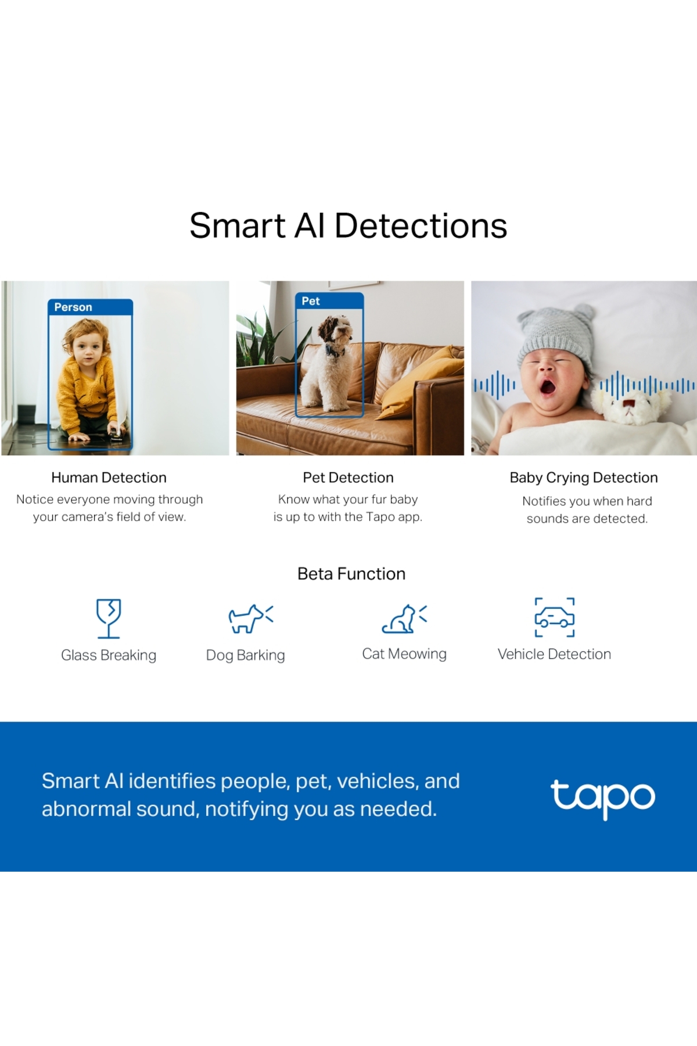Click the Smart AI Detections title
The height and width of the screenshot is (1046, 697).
point(348,225)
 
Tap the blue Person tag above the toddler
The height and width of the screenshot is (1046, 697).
point(90,307)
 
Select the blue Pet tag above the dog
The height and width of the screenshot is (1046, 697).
point(329,301)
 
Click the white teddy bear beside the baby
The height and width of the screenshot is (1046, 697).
point(630,403)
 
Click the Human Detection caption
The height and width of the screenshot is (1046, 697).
point(109,478)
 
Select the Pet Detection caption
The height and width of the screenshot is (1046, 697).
point(348,478)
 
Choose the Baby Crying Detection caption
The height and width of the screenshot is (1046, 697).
point(584,478)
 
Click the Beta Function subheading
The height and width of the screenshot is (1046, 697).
point(351,574)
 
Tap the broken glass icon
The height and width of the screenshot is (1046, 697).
point(109,618)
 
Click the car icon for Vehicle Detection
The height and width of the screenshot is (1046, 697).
point(555,617)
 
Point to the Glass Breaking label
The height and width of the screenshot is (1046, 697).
point(109,655)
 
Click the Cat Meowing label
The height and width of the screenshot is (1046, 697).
point(404,654)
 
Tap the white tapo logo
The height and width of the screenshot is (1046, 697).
point(603,798)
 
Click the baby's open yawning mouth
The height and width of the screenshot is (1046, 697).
point(548,386)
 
